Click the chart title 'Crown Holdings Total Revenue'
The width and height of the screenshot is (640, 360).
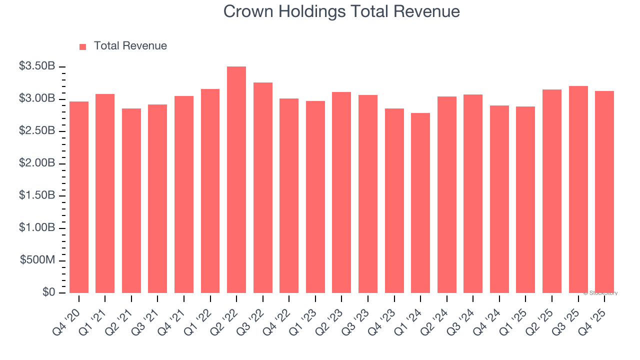click(341, 11)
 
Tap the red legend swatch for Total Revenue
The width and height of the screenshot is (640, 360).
click(82, 46)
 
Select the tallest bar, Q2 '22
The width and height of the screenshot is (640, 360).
click(236, 179)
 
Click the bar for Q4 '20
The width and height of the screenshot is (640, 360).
click(79, 197)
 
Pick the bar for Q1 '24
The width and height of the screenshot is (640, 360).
click(420, 202)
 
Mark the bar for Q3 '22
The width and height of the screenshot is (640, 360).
click(263, 187)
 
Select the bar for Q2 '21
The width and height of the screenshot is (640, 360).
click(131, 200)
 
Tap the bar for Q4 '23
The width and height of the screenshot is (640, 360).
click(394, 200)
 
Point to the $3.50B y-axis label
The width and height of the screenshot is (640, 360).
click(36, 66)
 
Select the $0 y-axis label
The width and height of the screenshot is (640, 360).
click(48, 292)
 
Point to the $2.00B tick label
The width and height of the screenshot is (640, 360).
click(36, 163)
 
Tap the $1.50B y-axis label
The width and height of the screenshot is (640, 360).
click(36, 195)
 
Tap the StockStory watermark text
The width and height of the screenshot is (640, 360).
click(600, 293)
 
